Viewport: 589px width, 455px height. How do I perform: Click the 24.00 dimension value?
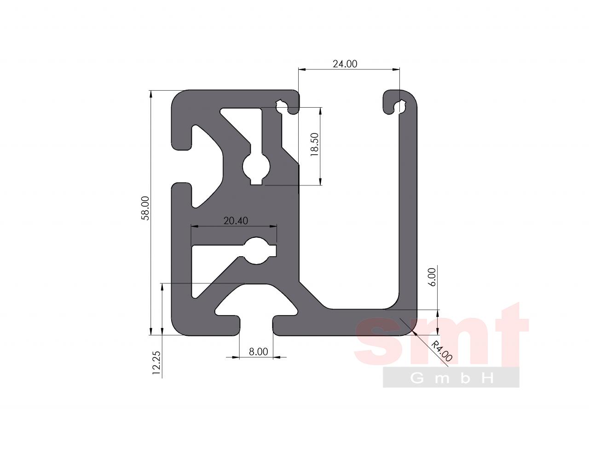(x=345, y=64)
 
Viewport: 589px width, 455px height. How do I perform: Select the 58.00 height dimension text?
(x=145, y=208)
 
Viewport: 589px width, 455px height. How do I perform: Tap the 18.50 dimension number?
(x=314, y=144)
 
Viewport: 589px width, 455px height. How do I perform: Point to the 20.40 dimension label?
(x=236, y=221)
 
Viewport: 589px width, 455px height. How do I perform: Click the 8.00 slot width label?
(x=258, y=351)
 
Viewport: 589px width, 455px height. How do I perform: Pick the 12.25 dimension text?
(x=156, y=363)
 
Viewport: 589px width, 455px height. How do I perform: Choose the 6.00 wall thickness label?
(x=433, y=276)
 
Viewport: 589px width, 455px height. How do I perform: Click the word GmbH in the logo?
(x=451, y=378)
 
